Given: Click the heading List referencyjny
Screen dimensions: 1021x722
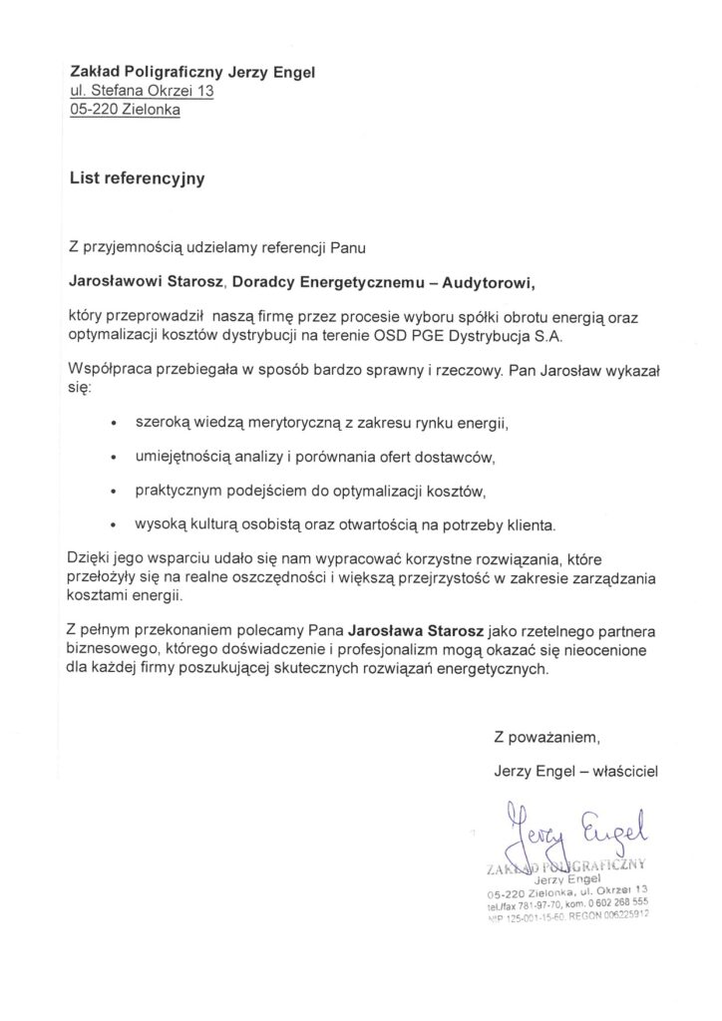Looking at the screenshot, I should (137, 178).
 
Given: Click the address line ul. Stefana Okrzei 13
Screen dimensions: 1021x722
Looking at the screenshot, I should (142, 91).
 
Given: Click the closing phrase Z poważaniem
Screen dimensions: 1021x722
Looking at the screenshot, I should (548, 738).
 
